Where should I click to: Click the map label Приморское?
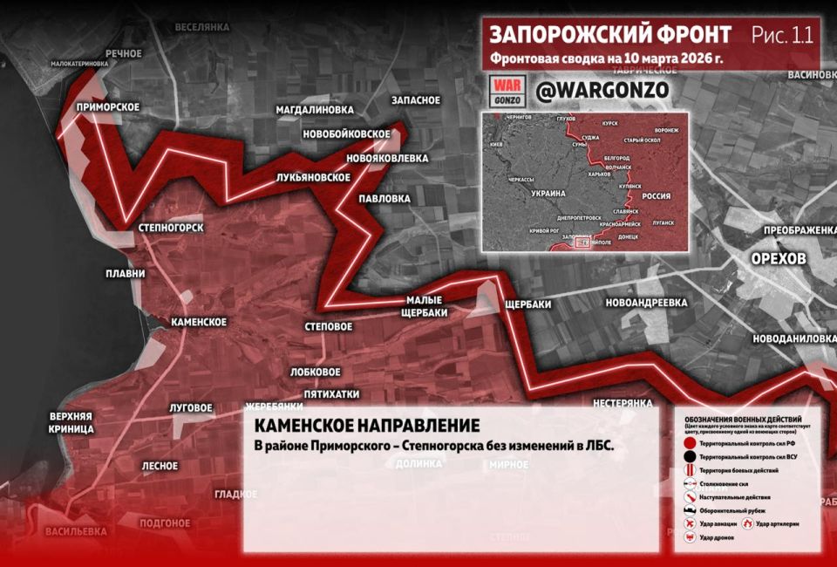click(x=108, y=107)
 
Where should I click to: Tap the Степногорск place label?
click(x=171, y=228)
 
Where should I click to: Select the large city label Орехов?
click(x=779, y=261)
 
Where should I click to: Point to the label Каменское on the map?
click(x=199, y=322)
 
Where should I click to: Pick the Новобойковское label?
click(x=345, y=133)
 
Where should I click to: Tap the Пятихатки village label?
click(x=326, y=393)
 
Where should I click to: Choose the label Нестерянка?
click(x=623, y=404)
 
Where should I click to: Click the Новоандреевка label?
click(x=646, y=303)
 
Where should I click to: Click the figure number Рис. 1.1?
click(x=781, y=35)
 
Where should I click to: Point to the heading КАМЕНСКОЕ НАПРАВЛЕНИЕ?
click(x=366, y=426)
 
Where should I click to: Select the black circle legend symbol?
click(x=690, y=455)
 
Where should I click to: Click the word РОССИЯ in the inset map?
click(x=656, y=197)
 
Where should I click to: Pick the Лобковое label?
click(x=315, y=372)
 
